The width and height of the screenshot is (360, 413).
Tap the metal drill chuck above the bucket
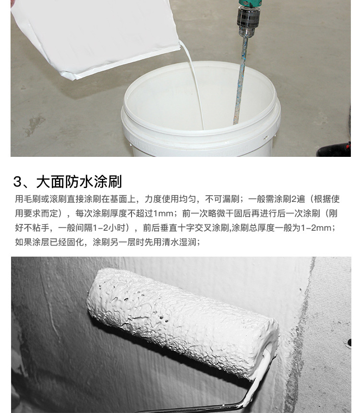(248, 21)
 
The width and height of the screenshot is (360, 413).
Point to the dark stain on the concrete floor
(34, 125)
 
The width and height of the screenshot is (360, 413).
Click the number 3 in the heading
(17, 182)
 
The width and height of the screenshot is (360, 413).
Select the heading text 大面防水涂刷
(79, 182)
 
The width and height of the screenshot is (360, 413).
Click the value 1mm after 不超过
(163, 213)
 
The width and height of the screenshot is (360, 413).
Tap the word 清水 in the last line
(170, 242)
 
